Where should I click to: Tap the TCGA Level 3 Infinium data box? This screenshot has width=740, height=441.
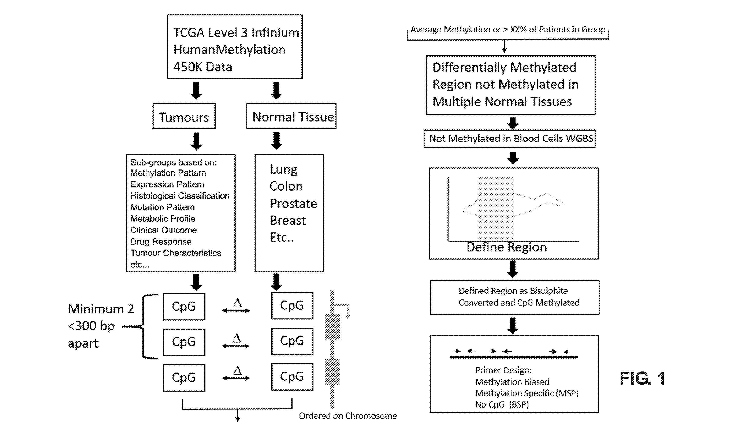click(235, 47)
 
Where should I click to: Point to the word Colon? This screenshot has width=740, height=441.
click(286, 186)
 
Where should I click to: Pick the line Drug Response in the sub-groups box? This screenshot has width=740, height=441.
click(161, 242)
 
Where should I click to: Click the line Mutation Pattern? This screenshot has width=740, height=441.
click(163, 207)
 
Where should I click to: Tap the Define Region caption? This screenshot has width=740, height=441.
click(506, 247)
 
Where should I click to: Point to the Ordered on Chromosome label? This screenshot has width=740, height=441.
click(348, 416)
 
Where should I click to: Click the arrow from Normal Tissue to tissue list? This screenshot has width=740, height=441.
click(276, 141)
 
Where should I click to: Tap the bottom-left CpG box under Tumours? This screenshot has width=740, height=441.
click(184, 378)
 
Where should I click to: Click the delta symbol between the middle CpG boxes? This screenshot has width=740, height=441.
click(237, 338)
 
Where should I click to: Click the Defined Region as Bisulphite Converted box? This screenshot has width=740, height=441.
click(515, 297)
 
